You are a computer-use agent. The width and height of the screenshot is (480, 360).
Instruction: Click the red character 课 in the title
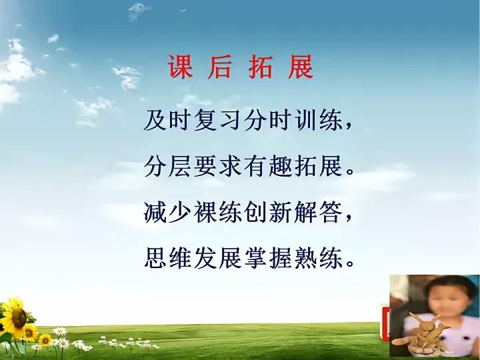pos(181,67)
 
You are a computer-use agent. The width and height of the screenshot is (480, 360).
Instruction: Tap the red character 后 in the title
pos(219,67)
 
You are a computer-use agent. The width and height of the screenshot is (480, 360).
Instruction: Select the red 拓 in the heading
pos(260,67)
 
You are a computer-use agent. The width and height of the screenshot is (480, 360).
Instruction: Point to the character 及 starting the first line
pos(155,120)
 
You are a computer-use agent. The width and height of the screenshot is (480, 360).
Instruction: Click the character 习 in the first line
pos(231,120)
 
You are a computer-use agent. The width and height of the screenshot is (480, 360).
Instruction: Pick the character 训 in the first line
pos(306,120)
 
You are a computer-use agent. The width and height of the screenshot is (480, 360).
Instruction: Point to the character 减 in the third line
pos(155,212)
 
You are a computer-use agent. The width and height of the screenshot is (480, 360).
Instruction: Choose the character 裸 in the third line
pos(206,212)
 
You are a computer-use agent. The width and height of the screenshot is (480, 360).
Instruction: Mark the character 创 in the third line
pos(256,212)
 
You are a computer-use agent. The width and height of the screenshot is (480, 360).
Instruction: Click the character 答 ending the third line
pos(331,212)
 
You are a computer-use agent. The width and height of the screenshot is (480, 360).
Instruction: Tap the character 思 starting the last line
pos(155,258)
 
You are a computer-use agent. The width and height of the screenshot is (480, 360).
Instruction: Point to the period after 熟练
pos(349,263)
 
